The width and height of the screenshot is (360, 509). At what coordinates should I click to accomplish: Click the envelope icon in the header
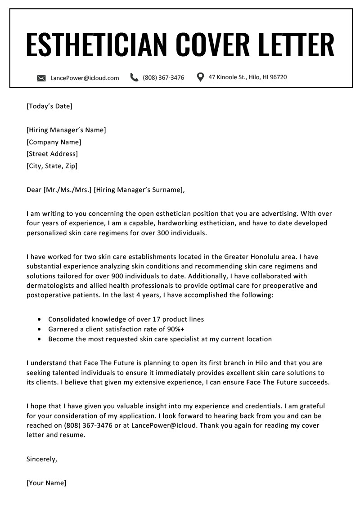coord(41,78)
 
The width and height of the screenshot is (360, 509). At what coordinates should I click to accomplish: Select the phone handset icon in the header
coord(134,77)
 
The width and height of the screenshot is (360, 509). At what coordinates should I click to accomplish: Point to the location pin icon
coord(201,77)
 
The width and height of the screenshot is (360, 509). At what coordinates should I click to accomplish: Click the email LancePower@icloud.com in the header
coord(85,78)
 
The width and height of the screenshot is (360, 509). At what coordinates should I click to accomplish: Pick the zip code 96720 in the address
coord(278,77)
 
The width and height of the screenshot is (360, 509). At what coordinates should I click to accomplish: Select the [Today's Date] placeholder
coord(49,106)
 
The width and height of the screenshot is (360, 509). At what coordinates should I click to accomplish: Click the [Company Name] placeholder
coord(54,142)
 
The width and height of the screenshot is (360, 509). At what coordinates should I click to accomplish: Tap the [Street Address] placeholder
coord(52,154)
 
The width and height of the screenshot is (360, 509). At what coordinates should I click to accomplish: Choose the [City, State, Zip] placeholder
coord(52,166)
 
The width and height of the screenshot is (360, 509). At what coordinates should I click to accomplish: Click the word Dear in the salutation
coord(34,190)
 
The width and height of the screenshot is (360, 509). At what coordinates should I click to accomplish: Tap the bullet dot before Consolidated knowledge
coord(39,319)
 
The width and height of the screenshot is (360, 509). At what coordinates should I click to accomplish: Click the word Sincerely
coord(42,459)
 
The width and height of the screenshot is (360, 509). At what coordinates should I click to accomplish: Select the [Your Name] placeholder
coord(46,483)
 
